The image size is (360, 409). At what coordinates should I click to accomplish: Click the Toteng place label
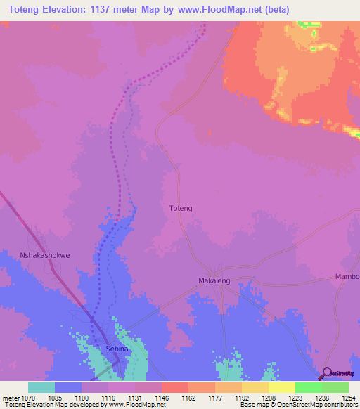pyautogui.click(x=181, y=209)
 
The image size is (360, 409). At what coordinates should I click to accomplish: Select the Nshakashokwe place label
pyautogui.click(x=44, y=256)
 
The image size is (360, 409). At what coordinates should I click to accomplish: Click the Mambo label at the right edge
pyautogui.click(x=347, y=276)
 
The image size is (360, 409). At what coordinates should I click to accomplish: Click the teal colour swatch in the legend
pyautogui.click(x=41, y=387)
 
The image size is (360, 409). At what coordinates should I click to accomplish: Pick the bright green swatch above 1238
pyautogui.click(x=309, y=387)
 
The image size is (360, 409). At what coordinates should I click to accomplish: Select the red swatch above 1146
pyautogui.click(x=175, y=387)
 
